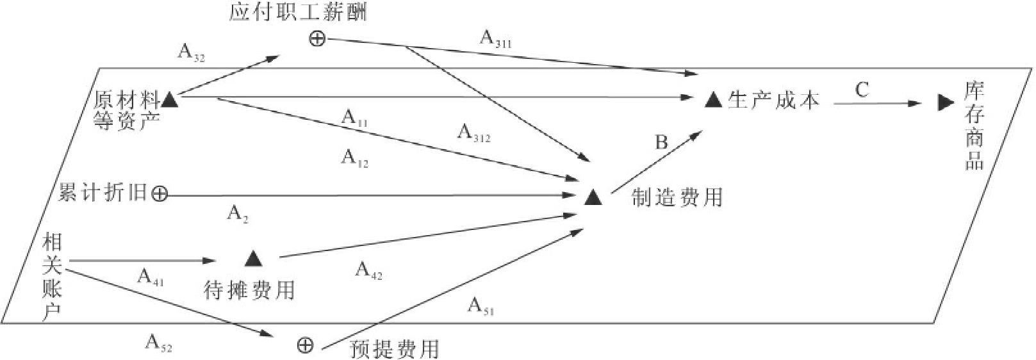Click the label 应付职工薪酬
click(297, 12)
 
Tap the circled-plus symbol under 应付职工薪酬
click(317, 39)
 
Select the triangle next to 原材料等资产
click(169, 99)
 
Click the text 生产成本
click(773, 101)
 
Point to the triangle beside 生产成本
click(713, 100)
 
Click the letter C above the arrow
click(862, 89)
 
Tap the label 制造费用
click(677, 197)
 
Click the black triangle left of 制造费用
click(593, 197)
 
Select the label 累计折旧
click(103, 193)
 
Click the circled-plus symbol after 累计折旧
click(160, 193)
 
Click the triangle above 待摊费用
click(254, 259)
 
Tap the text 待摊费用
click(249, 290)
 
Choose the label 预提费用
click(395, 349)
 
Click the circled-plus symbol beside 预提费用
click(306, 346)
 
